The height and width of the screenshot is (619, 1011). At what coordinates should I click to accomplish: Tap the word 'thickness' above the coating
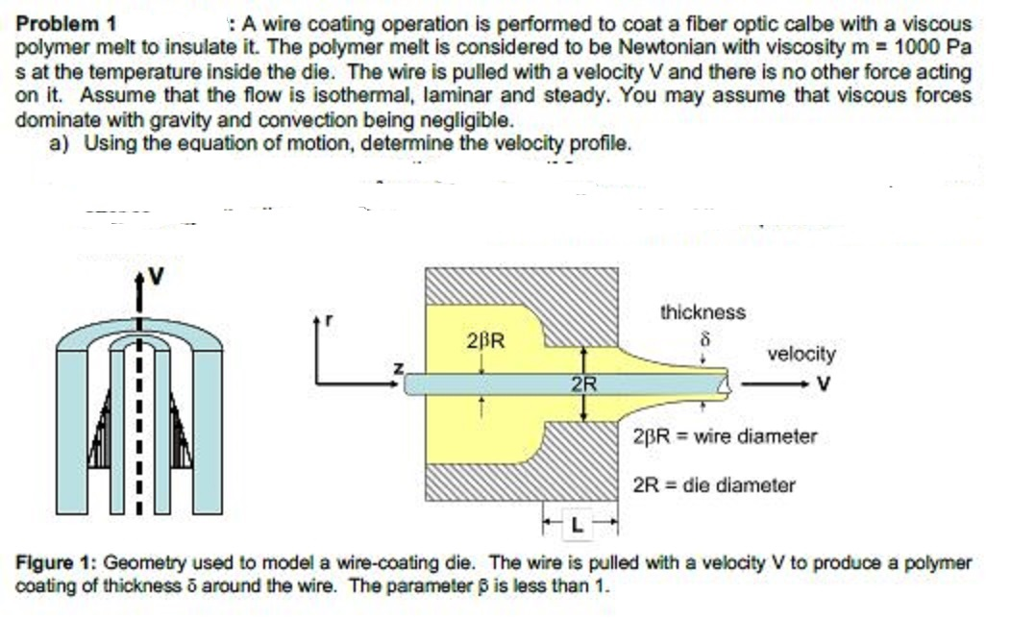coord(703,312)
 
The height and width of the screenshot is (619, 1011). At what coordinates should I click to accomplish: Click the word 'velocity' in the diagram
coord(801,354)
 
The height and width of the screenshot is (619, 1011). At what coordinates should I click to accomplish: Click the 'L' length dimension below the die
coord(578,526)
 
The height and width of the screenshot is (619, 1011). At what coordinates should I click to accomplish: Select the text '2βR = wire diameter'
coord(726,436)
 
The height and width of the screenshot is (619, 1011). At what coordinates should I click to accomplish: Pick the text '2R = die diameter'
coord(715,485)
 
